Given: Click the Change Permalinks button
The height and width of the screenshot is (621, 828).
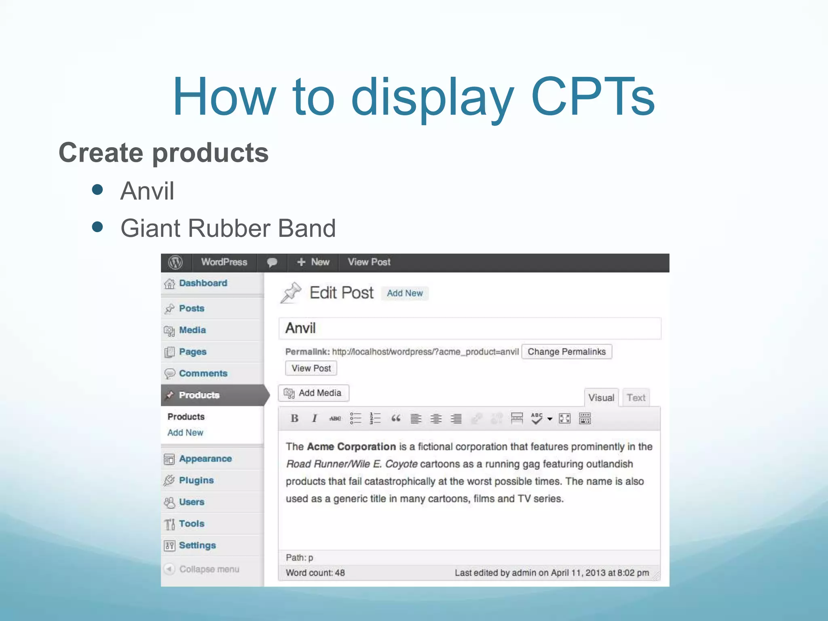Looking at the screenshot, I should point(566,352).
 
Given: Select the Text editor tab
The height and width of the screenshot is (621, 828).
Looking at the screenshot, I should point(636,398).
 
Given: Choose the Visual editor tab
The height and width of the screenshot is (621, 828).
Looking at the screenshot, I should point(601,398).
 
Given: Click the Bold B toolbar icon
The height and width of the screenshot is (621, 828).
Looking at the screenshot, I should point(294,418).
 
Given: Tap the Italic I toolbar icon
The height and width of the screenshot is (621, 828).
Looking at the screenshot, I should point(315,418).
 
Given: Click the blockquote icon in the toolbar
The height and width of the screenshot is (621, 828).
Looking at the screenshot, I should point(396,418).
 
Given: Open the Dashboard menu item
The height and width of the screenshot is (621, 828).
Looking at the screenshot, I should point(203,283).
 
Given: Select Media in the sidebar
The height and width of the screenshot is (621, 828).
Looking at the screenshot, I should point(192,330).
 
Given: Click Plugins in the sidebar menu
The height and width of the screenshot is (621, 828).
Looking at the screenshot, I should point(196,480).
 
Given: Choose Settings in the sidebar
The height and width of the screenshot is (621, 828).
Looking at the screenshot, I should point(197,545).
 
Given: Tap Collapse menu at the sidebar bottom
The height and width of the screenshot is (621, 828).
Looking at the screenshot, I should point(209,569).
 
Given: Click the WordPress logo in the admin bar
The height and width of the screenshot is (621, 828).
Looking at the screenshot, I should point(175,262).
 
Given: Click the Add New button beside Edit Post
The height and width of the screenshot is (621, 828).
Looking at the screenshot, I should point(405,293).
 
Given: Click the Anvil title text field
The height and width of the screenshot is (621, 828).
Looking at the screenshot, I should point(469,328).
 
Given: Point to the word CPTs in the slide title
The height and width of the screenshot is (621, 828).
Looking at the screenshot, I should point(593,97).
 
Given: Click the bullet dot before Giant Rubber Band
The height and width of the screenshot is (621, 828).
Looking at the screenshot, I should point(97,227).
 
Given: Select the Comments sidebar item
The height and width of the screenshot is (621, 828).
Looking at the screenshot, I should point(203,374).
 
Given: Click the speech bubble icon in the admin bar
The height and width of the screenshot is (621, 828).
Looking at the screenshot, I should point(272,262).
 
